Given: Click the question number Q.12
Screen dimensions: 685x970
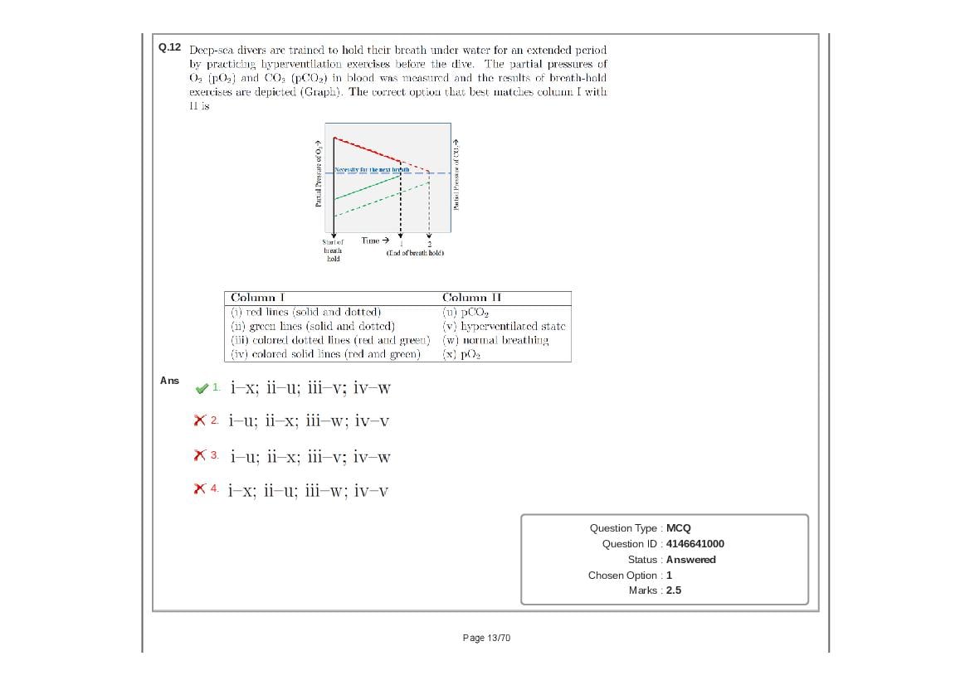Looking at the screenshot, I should click(169, 47).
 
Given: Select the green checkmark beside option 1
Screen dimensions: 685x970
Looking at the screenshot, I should click(201, 387).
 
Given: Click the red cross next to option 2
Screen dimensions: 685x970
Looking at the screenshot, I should click(199, 420).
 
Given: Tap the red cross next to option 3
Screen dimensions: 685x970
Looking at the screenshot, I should click(199, 455).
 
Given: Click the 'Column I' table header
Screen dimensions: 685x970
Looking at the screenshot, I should click(257, 298).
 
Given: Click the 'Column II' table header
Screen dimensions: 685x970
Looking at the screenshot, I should click(471, 298).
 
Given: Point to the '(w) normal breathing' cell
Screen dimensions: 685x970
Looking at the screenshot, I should click(495, 340).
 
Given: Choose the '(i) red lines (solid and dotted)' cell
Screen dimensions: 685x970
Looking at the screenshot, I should click(305, 312).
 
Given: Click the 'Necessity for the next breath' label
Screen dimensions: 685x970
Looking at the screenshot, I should click(372, 169).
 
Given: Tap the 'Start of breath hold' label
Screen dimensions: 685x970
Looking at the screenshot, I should click(333, 250).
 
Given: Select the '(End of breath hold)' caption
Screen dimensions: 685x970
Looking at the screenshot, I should click(415, 253).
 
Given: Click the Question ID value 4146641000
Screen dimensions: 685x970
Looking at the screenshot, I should click(695, 544).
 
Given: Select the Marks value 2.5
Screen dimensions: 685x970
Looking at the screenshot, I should click(673, 590).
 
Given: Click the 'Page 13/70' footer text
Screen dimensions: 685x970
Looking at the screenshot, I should click(486, 638).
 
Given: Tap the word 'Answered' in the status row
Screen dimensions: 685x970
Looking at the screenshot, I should click(690, 560).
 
